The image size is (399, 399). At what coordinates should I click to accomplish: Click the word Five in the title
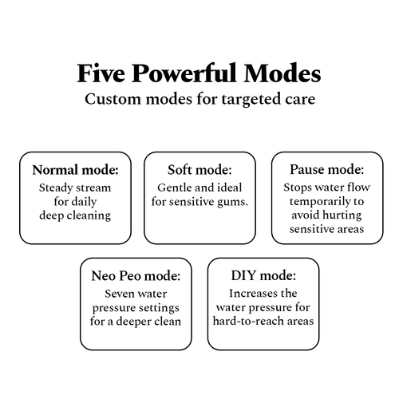point(101,73)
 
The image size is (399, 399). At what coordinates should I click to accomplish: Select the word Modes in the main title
point(282,73)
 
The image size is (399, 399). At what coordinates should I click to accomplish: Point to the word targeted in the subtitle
point(249,100)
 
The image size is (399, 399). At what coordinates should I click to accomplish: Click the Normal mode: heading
point(75,170)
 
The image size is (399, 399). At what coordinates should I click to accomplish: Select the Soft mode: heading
point(199,170)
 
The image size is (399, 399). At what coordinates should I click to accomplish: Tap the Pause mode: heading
point(327,169)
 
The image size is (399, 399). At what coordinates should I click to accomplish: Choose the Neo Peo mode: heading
point(136,275)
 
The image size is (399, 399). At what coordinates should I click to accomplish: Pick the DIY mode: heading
point(263,275)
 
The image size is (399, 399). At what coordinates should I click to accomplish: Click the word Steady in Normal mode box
point(56,188)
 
